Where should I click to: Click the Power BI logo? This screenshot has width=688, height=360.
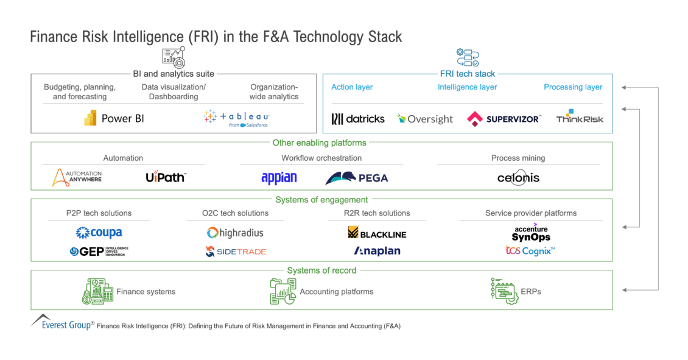(x=116, y=119)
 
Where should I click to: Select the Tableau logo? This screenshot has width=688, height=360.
(x=236, y=118)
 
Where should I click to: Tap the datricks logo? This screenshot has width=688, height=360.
(x=358, y=119)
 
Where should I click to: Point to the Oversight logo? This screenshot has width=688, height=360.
(x=425, y=119)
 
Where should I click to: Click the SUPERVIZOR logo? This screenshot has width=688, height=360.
(x=504, y=119)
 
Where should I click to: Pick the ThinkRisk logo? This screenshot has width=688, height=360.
(x=580, y=117)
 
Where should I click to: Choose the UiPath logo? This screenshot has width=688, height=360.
(x=166, y=177)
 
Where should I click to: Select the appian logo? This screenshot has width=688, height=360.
(x=279, y=178)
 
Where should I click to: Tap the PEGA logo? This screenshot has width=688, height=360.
(x=357, y=178)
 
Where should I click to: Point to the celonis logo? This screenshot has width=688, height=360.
(x=518, y=178)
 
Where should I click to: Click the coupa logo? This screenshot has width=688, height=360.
(x=99, y=232)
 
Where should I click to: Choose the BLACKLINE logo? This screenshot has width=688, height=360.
(x=377, y=233)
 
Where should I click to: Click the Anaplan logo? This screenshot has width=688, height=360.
(x=377, y=251)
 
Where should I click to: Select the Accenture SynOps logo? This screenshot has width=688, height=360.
(x=531, y=234)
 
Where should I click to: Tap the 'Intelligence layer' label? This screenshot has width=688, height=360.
(x=467, y=87)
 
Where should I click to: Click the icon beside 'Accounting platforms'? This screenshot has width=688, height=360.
(x=283, y=292)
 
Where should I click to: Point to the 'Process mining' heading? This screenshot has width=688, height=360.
(x=518, y=158)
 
